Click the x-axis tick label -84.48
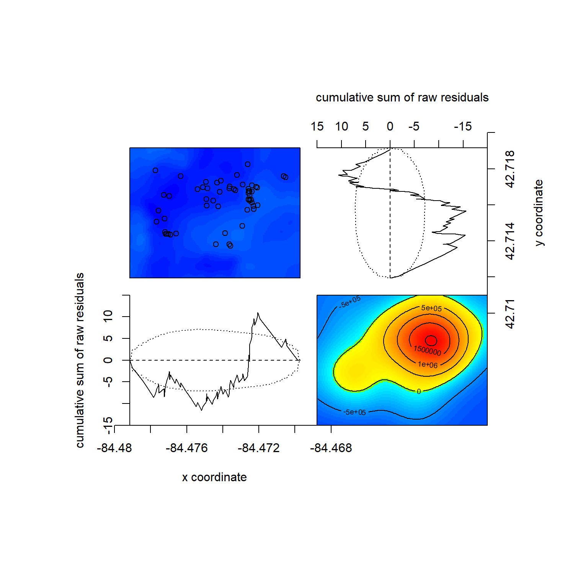[114, 448]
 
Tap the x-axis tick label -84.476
[186, 448]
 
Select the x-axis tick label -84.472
[259, 448]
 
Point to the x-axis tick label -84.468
[331, 448]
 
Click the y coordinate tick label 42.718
[510, 169]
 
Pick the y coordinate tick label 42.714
[510, 241]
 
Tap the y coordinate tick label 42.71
[510, 314]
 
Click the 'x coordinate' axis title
[214, 477]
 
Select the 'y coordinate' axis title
[539, 212]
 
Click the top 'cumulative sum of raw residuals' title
[402, 98]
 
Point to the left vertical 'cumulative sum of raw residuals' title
[80, 360]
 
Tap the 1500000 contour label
[427, 350]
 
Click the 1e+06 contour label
[428, 365]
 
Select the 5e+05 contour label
[431, 308]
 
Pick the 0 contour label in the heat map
[419, 391]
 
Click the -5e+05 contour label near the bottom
[354, 412]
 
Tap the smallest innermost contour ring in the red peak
[431, 340]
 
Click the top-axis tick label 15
[317, 126]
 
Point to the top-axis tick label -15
[463, 126]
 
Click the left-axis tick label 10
[108, 316]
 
